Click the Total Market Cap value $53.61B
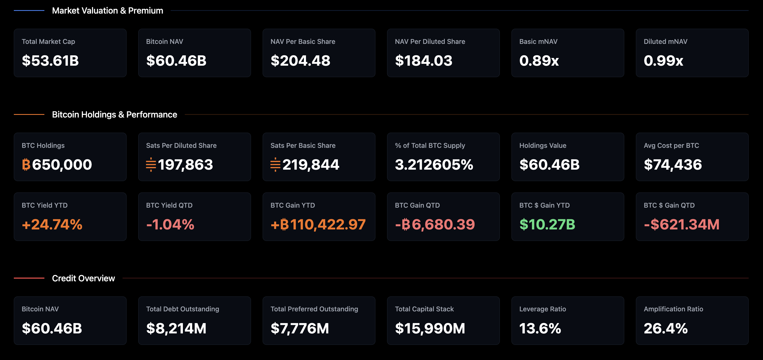[50, 61]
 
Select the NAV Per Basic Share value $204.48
[300, 61]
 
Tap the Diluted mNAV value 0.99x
[663, 61]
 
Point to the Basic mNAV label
[538, 41]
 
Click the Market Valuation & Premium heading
[107, 11]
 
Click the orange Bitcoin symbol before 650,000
[26, 165]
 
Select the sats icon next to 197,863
[151, 165]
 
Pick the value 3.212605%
[434, 165]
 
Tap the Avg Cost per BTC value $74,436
[673, 165]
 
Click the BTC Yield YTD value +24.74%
[52, 225]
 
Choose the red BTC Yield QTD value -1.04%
[170, 225]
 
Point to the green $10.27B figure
[547, 225]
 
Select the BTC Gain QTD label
[417, 205]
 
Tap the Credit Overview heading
[83, 278]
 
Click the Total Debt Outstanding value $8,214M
[176, 328]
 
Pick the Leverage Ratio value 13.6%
[540, 328]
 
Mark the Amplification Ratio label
[673, 309]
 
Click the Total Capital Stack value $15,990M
[430, 328]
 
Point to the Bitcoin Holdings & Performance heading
[114, 115]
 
